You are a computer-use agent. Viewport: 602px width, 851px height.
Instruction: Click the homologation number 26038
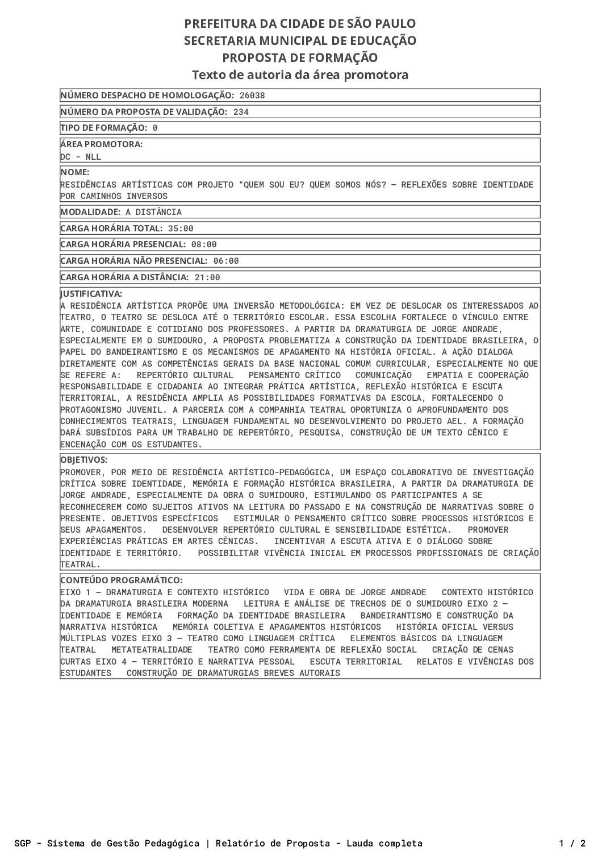(x=252, y=96)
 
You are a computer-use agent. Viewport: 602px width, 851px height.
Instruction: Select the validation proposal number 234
(x=241, y=112)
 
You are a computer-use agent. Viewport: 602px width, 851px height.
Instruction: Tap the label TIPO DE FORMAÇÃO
(x=103, y=128)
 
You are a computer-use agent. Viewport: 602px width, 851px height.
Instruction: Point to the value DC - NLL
(x=81, y=157)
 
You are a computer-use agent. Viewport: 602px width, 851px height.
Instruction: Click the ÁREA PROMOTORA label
(x=102, y=144)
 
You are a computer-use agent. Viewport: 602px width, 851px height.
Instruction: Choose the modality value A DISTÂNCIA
(x=154, y=212)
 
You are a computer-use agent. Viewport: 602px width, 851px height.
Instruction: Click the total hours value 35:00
(x=181, y=229)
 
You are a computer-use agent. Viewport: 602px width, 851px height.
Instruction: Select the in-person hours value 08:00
(x=204, y=244)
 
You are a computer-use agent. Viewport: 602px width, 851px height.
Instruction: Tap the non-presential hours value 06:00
(x=226, y=261)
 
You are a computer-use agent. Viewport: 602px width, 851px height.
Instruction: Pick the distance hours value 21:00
(x=207, y=277)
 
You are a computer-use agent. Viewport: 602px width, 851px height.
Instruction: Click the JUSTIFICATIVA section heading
(x=91, y=294)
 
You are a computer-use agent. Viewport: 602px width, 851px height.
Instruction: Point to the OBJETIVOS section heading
(x=84, y=460)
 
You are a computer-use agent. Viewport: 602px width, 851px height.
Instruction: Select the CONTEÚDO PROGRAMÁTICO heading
(x=122, y=580)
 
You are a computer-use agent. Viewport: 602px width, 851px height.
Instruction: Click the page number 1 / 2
(x=572, y=843)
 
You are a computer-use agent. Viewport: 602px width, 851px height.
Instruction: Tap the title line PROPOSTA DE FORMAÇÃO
(x=300, y=58)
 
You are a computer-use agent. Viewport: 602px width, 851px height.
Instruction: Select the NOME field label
(x=75, y=172)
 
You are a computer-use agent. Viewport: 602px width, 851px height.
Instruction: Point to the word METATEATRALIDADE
(x=152, y=650)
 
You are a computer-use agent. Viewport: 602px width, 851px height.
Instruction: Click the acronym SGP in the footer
(x=23, y=843)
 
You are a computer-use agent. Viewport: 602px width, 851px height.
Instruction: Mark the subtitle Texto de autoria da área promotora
(x=300, y=75)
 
